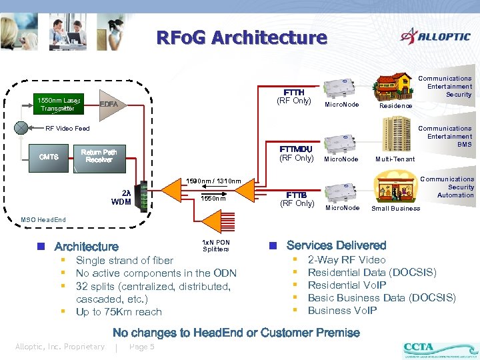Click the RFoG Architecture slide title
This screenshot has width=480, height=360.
tap(241, 38)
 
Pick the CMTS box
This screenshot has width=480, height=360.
tap(49, 157)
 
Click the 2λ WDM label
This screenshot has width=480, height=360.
tap(121, 197)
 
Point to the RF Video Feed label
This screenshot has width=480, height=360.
tap(67, 129)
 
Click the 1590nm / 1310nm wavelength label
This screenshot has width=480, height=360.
tap(213, 181)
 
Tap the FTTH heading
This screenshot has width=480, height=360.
tap(294, 93)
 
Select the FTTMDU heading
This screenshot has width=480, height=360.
tap(297, 149)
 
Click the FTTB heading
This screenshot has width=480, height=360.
tap(297, 195)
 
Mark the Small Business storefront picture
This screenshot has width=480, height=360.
tap(395, 185)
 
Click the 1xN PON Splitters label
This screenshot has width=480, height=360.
tap(215, 245)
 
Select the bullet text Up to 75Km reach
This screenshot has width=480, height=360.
tap(119, 312)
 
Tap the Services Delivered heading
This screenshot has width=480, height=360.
tap(336, 245)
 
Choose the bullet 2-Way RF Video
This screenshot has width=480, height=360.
tap(346, 260)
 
